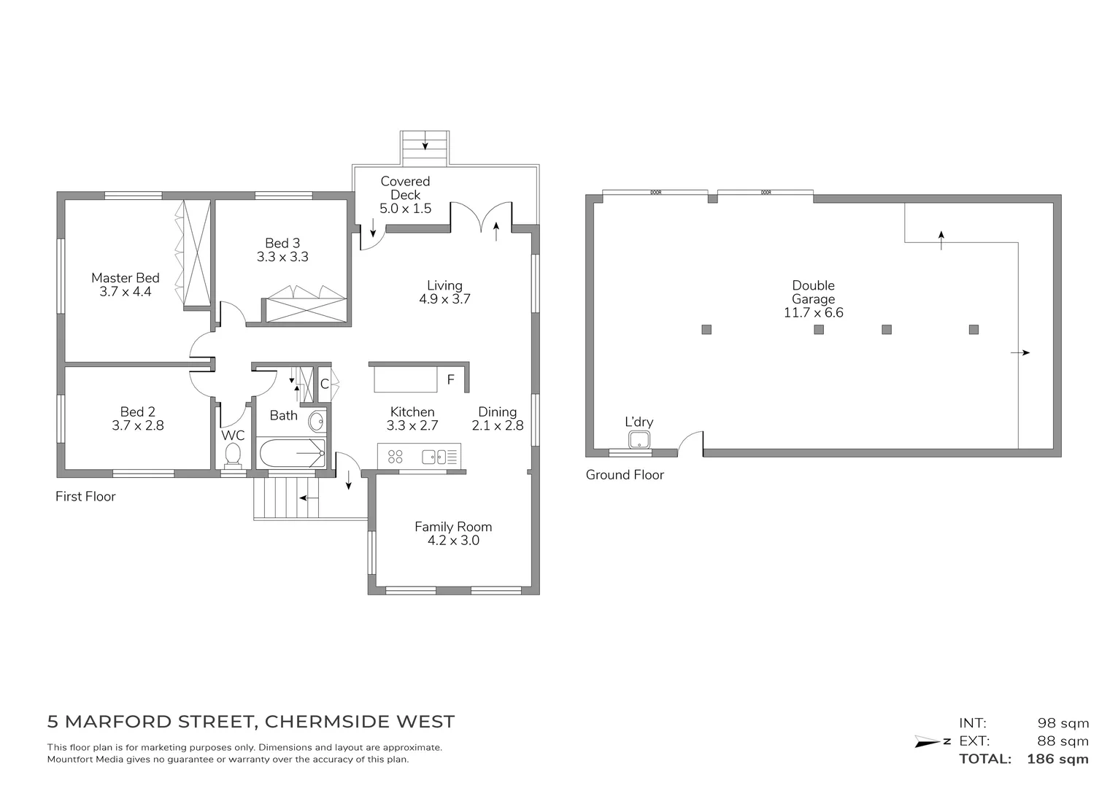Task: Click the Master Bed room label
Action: [125, 278]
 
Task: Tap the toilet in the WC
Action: [233, 455]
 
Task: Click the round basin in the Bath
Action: [317, 422]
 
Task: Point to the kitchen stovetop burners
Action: [396, 457]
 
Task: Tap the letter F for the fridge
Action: [450, 380]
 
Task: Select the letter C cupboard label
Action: [324, 384]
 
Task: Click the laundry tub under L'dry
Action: [639, 439]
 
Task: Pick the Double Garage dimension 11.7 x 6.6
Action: [813, 313]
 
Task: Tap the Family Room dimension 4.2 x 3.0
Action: [453, 541]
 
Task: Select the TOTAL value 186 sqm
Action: [1057, 759]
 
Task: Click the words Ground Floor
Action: [625, 475]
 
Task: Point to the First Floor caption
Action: [85, 497]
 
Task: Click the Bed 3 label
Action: [282, 243]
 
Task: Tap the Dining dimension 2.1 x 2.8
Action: [498, 425]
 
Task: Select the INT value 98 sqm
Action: [1063, 724]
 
